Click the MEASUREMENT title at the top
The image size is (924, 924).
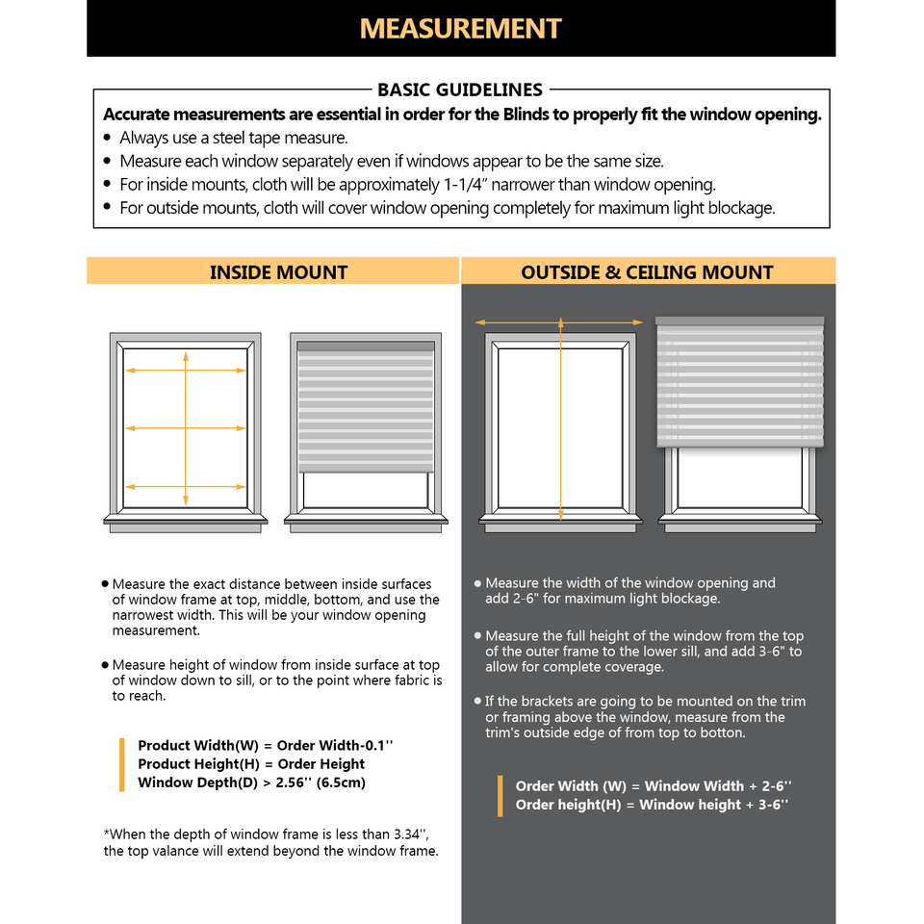[x=460, y=28]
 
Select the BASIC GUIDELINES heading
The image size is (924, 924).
[x=460, y=90]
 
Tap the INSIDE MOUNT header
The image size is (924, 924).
[x=278, y=272]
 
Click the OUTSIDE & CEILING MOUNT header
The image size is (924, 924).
[x=647, y=272]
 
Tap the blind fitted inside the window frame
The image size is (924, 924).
[x=366, y=409]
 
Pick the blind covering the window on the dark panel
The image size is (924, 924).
[x=739, y=385]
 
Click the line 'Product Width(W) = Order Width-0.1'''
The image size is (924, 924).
[x=266, y=745]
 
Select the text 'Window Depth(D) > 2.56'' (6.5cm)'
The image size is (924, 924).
[x=251, y=782]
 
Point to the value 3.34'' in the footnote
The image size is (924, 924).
[x=411, y=834]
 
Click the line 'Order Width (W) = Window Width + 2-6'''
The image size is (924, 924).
[x=654, y=786]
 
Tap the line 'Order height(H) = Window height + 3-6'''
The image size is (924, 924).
[x=652, y=805]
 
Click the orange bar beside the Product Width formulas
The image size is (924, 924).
[x=122, y=764]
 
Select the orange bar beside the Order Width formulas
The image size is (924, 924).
[x=500, y=796]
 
